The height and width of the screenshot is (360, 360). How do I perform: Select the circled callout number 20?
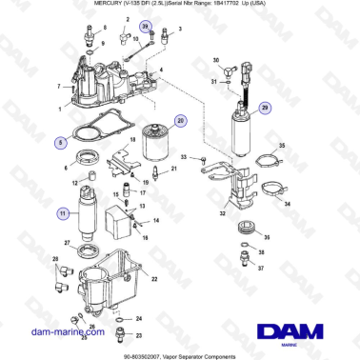pyautogui.click(x=182, y=121)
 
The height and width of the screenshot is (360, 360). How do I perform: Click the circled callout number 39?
pyautogui.click(x=146, y=30)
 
